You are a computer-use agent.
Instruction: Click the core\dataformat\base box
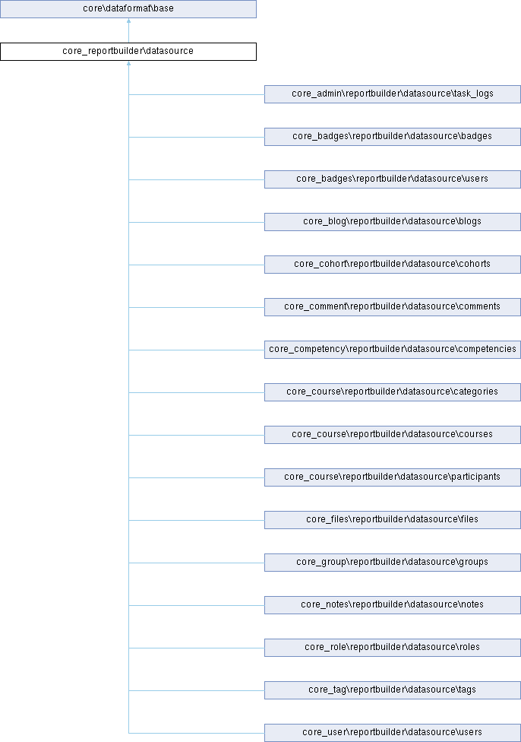128,9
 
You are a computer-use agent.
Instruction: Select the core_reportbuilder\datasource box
128,52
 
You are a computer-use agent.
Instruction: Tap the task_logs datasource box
393,94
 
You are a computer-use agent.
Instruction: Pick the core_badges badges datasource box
393,137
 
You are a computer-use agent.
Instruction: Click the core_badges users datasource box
393,179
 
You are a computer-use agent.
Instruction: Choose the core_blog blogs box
393,222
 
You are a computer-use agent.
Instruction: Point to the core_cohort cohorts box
393,265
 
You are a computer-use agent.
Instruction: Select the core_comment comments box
393,307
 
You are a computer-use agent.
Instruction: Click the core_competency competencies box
393,350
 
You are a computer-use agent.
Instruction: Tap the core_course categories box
393,392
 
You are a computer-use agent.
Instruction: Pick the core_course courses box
393,435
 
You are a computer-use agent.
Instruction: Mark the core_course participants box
393,477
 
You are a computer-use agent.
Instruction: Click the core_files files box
393,520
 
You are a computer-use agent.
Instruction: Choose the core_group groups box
393,563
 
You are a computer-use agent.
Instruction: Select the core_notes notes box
393,605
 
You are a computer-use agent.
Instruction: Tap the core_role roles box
393,648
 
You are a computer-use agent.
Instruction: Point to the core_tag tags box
393,690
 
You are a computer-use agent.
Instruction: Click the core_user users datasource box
393,733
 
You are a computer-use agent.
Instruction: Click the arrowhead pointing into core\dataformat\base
128,21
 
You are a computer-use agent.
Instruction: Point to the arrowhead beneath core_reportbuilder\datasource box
128,63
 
